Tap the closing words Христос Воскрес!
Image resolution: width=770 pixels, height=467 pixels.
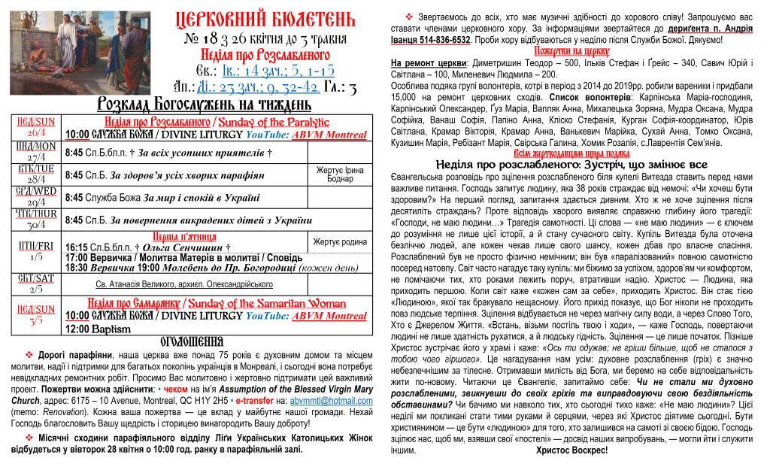point(574,450)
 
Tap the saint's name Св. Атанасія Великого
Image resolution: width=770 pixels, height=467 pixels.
point(144,284)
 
